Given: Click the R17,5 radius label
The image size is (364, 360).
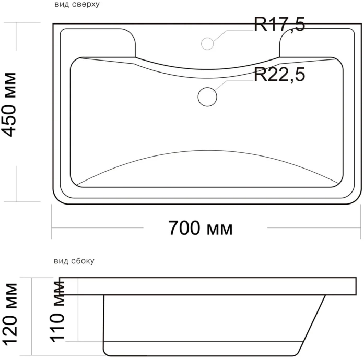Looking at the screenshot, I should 279,24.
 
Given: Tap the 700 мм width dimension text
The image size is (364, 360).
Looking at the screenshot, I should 201,228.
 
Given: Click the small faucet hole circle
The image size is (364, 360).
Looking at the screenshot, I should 208,43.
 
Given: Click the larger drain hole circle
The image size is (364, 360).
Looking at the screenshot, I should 208,96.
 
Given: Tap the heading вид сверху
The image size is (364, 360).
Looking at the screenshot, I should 76,5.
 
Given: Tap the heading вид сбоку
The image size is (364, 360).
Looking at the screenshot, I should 74,261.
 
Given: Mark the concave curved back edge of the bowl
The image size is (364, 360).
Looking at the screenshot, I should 208,68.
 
